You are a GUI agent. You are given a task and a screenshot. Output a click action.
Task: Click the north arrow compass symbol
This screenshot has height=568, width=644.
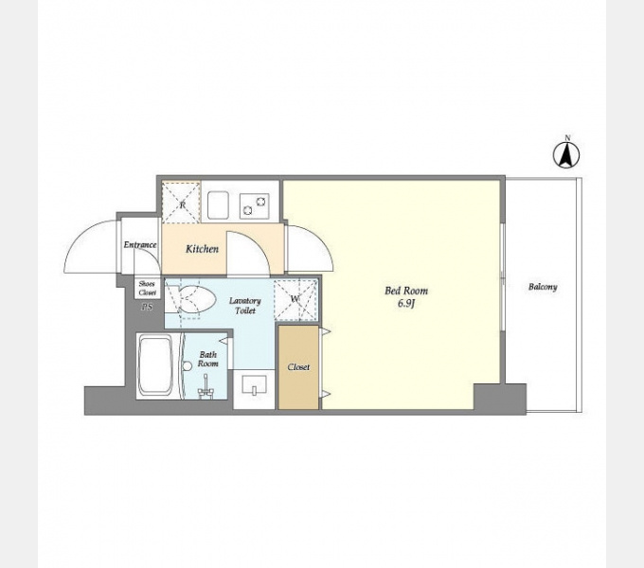tap(566, 154)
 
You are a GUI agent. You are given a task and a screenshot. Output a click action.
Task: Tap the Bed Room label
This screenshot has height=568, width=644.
tap(406, 291)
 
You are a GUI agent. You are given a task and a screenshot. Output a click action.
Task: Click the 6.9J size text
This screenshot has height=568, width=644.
tap(406, 304)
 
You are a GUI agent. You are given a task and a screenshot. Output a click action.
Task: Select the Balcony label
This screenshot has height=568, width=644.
tap(543, 287)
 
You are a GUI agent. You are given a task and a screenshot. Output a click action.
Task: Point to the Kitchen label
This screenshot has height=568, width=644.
tap(202, 249)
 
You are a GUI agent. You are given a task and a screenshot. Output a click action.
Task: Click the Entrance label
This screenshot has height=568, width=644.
tap(140, 244)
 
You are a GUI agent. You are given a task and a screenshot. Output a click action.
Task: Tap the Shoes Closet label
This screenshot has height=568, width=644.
tap(147, 288)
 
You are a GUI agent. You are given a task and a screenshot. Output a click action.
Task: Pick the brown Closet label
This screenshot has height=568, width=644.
tap(298, 367)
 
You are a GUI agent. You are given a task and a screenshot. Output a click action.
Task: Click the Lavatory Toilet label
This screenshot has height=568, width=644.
tap(245, 306)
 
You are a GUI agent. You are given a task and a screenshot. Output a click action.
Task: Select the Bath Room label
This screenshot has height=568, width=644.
tap(207, 359)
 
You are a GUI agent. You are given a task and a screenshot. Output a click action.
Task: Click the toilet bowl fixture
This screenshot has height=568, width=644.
tap(196, 300)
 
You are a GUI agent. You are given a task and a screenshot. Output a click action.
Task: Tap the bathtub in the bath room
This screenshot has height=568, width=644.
tap(155, 365)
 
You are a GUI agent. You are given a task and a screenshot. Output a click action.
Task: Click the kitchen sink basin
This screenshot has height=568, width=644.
tap(218, 204)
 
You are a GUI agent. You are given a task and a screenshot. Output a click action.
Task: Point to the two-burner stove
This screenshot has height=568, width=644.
tap(255, 206)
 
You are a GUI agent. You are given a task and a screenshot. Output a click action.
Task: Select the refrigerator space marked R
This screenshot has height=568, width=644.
tap(181, 203)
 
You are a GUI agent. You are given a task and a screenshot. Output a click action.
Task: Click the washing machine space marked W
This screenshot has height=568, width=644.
tap(295, 299)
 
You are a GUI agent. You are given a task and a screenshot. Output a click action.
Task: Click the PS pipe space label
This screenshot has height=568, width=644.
tap(147, 307)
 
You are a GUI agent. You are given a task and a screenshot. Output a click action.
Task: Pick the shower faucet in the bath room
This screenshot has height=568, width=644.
tap(206, 388)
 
